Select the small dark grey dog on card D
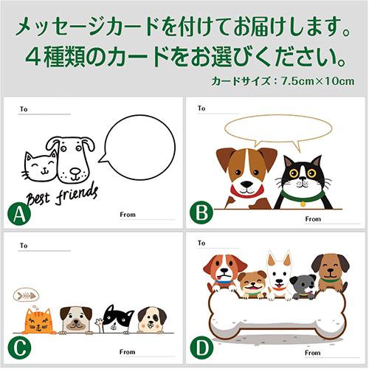point(302,286)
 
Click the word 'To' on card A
point(24,108)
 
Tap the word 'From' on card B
point(313,219)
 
